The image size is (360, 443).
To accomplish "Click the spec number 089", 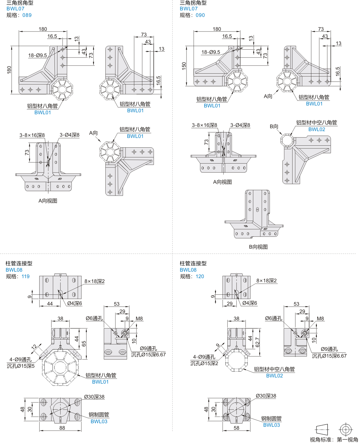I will [x=27, y=15].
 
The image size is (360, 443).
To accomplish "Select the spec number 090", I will [x=200, y=15].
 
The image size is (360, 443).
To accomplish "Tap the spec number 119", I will [x=26, y=277].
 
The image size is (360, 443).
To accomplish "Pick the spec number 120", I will [x=200, y=277].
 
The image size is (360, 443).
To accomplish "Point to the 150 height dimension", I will [x=184, y=66].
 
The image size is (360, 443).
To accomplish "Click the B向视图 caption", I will [x=258, y=247].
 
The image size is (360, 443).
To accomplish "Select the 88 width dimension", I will [x=62, y=428].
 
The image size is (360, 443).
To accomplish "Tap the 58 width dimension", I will [x=236, y=428].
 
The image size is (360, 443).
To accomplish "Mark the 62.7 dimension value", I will [x=257, y=342].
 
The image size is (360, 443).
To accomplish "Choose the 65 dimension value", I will [x=84, y=344].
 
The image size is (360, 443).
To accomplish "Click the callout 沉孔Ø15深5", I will [x=21, y=366].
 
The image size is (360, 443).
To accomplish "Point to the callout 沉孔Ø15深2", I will [x=204, y=363].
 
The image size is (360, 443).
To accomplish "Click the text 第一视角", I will [x=347, y=439].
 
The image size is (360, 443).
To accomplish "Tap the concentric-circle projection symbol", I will [x=346, y=430].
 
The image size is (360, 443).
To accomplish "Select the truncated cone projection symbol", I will [x=322, y=430].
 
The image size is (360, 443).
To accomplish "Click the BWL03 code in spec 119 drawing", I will [x=99, y=422].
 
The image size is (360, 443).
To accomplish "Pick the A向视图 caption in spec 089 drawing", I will [x=48, y=201].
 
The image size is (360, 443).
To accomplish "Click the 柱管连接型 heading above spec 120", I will [x=193, y=264].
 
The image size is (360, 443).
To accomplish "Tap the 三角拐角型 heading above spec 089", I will [x=20, y=3].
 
